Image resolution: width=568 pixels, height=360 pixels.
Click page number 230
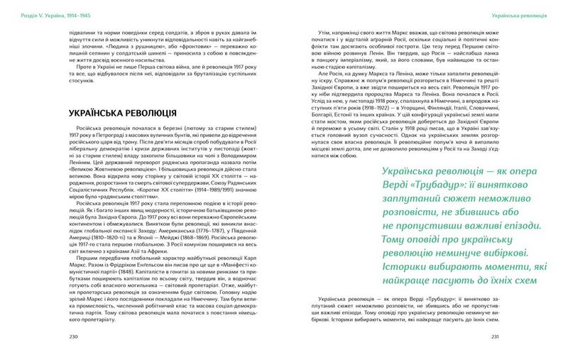click(x=70, y=336)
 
